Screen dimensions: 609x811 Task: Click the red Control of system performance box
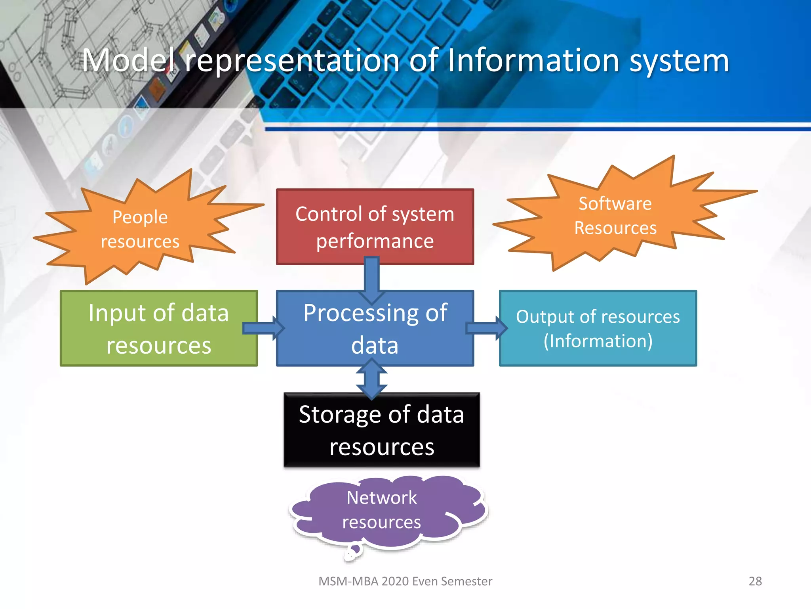[x=375, y=226]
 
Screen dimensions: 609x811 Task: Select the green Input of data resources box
[x=158, y=328]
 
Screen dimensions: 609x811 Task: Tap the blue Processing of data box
[x=375, y=328]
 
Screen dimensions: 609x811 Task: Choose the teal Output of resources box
[x=598, y=328]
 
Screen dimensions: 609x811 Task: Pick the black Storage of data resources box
[x=382, y=430]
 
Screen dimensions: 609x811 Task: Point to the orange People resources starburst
[x=140, y=229]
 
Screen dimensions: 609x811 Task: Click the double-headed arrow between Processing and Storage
[x=371, y=379]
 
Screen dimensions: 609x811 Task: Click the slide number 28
[x=755, y=581]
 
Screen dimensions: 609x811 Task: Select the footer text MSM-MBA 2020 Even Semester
[x=405, y=581]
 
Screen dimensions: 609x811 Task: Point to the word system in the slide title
[x=679, y=61]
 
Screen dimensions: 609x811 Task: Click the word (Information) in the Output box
[x=598, y=341]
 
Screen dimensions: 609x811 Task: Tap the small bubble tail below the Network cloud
[x=352, y=553]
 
